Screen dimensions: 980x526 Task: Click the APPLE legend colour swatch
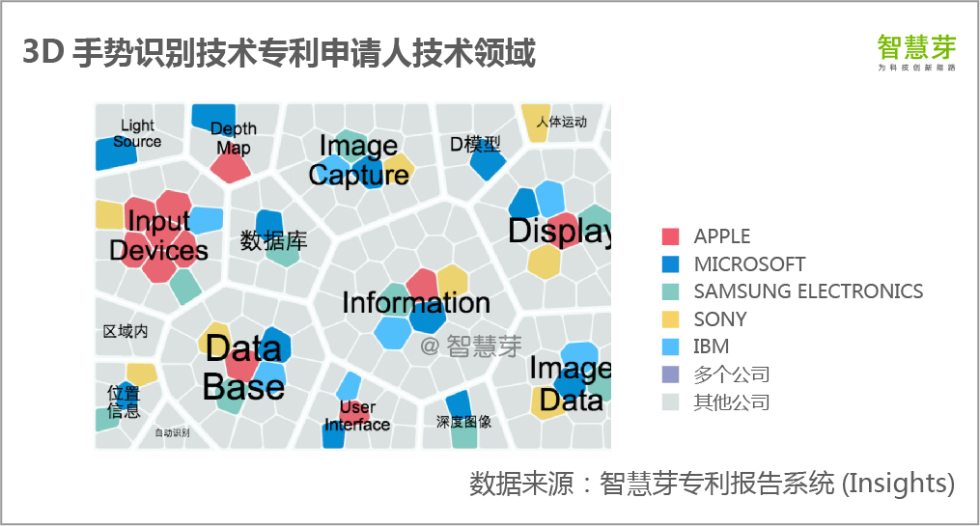click(x=671, y=236)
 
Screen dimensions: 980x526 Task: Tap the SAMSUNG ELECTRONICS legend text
click(x=808, y=291)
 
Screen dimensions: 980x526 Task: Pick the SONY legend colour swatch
click(x=671, y=319)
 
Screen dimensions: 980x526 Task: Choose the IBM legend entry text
click(x=711, y=346)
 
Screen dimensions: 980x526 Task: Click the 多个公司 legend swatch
click(x=671, y=374)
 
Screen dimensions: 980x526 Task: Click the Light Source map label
click(x=137, y=133)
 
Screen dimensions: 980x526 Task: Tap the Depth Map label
click(x=234, y=138)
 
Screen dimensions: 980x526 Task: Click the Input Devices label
click(x=158, y=236)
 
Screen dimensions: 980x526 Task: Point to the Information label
click(x=416, y=303)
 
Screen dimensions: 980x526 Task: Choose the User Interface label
click(x=357, y=416)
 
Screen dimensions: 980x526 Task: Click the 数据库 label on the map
click(x=273, y=240)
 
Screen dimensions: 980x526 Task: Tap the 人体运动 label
click(x=561, y=123)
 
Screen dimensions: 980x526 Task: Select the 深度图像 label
click(x=463, y=422)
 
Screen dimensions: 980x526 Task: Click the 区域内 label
click(x=126, y=331)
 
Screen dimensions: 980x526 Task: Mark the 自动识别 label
click(x=172, y=432)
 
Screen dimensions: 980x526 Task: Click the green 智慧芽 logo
click(x=916, y=48)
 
